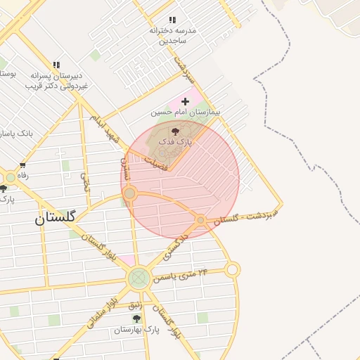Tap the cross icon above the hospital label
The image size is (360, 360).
185,102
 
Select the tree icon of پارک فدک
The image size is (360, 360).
176,131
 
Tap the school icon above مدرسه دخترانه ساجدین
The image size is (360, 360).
172,20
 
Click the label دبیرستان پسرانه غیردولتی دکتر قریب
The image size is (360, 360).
55,80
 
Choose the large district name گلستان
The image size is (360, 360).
55,218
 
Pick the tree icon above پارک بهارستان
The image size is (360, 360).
136,319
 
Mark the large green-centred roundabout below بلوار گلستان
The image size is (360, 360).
139,278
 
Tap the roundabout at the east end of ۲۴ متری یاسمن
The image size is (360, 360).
233,269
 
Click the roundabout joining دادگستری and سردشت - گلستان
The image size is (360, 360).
200,220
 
